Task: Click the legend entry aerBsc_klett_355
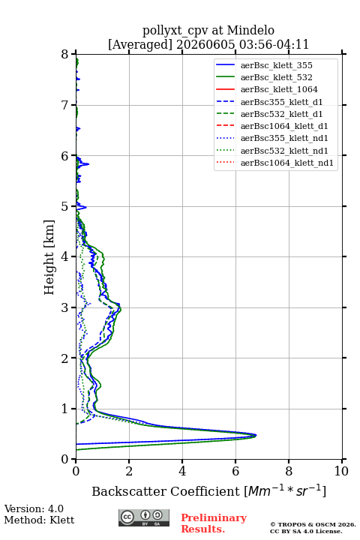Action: pos(277,65)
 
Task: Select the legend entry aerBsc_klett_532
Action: pos(277,77)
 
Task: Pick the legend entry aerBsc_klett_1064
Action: pos(279,89)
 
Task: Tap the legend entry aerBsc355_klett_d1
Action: pos(281,102)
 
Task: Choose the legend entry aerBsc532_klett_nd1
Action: pos(284,151)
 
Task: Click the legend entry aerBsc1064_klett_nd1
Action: pos(287,163)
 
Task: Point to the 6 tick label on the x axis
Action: pos(235,471)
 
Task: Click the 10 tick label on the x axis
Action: pos(341,471)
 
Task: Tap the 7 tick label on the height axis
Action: pos(64,105)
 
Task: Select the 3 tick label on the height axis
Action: pos(64,307)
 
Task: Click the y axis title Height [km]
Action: pos(49,257)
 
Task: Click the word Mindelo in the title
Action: pos(250,30)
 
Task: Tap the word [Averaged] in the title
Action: pos(140,45)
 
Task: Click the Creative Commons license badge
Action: pos(144,517)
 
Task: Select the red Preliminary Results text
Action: pos(214,523)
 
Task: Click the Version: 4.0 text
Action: pos(34,508)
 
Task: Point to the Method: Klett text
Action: pos(39,520)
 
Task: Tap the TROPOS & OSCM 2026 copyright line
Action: pos(313,524)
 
